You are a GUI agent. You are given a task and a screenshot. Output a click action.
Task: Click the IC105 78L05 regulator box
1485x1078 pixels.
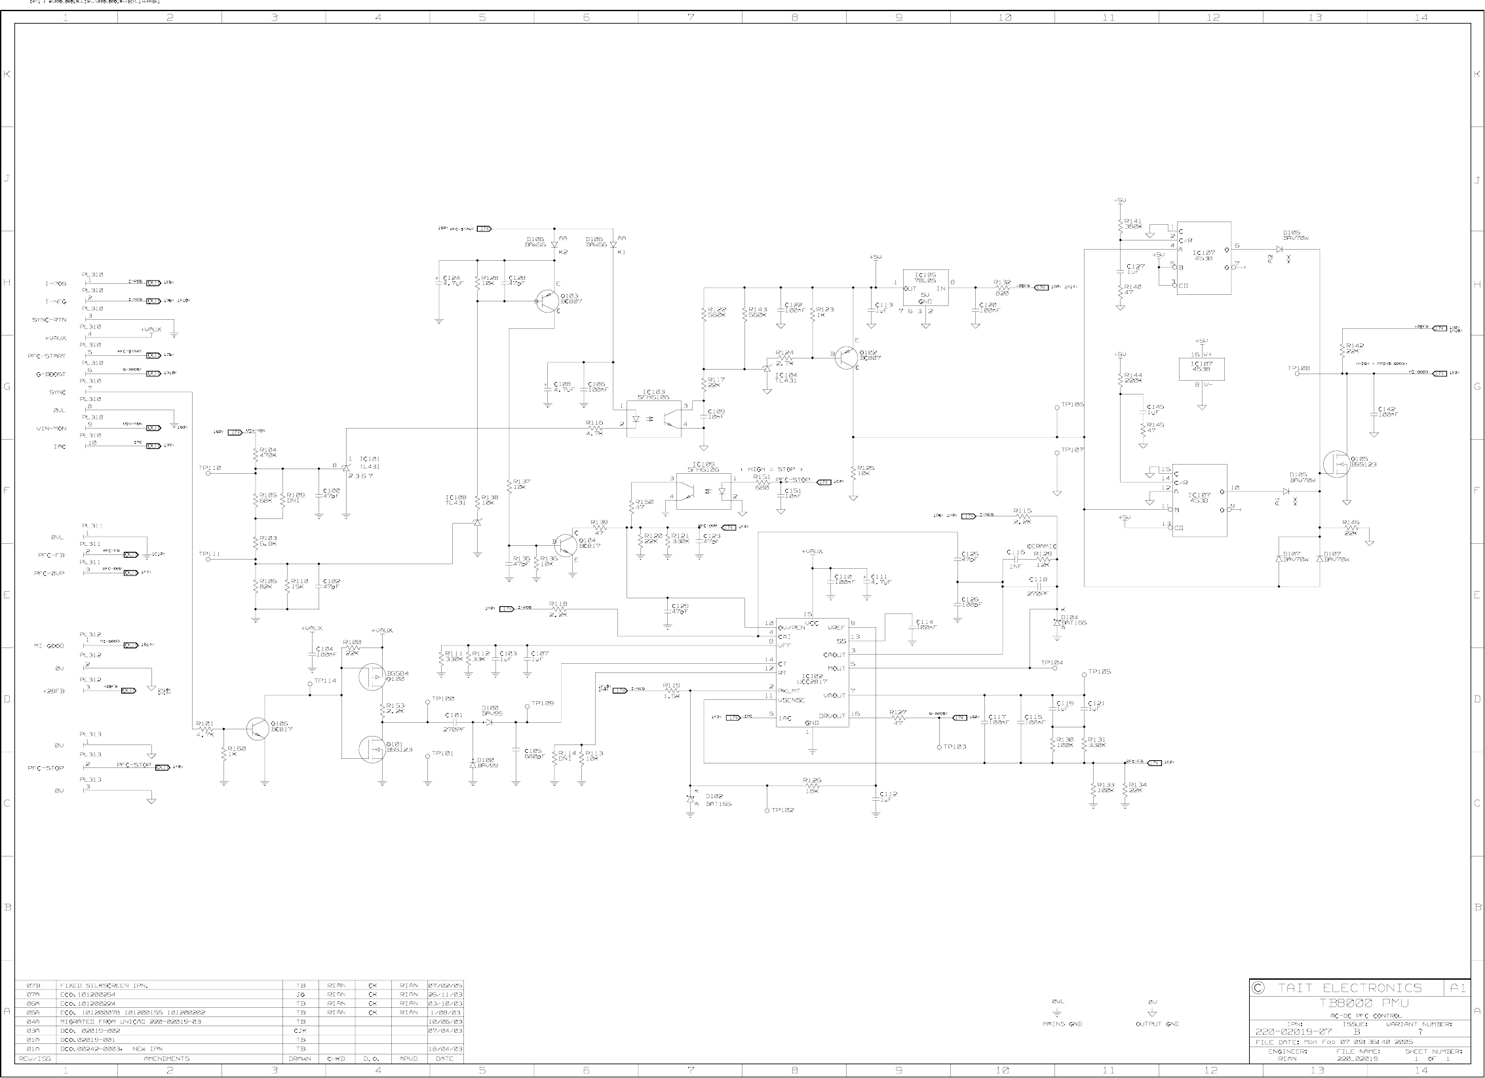pyautogui.click(x=925, y=288)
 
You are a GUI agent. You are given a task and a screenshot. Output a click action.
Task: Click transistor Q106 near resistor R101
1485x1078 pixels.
pyautogui.click(x=258, y=728)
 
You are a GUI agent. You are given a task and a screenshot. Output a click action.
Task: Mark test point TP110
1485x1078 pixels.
pyautogui.click(x=208, y=473)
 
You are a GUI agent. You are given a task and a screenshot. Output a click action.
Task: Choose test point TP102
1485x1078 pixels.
pyautogui.click(x=767, y=811)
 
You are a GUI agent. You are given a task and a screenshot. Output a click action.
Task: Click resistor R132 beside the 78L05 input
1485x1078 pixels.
pyautogui.click(x=1002, y=288)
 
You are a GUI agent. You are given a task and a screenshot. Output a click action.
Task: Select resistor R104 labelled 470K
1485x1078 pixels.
pyautogui.click(x=255, y=452)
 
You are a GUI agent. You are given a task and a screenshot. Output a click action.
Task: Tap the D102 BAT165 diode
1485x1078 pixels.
pyautogui.click(x=690, y=799)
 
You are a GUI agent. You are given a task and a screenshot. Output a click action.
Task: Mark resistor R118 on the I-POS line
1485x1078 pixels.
pyautogui.click(x=558, y=609)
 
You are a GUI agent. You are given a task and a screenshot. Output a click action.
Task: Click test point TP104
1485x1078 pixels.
pyautogui.click(x=1054, y=669)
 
